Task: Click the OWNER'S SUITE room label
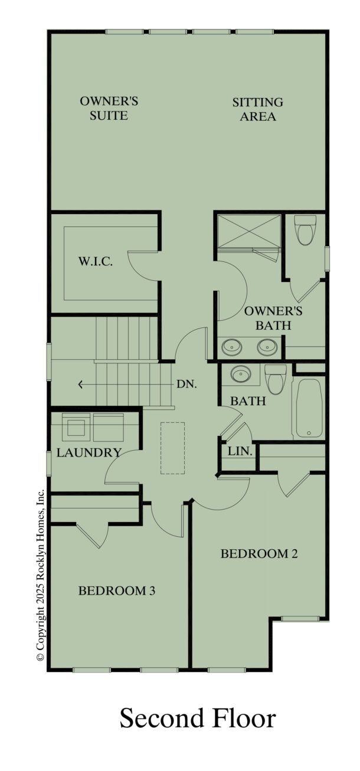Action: pyautogui.click(x=109, y=109)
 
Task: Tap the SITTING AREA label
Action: pyautogui.click(x=257, y=109)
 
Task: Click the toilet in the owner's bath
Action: pyautogui.click(x=305, y=232)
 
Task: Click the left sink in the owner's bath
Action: pyautogui.click(x=231, y=347)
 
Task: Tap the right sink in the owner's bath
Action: pyautogui.click(x=267, y=347)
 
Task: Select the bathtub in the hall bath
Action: pyautogui.click(x=308, y=407)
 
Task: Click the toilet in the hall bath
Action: pyautogui.click(x=276, y=379)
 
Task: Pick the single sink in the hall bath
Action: pyautogui.click(x=240, y=374)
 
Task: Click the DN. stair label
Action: pyautogui.click(x=187, y=384)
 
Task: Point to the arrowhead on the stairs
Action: pyautogui.click(x=81, y=385)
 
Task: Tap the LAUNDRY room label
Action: pyautogui.click(x=89, y=453)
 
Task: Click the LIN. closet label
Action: pyautogui.click(x=240, y=451)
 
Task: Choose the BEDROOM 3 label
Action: pyautogui.click(x=117, y=590)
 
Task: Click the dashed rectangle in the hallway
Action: pyautogui.click(x=173, y=448)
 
